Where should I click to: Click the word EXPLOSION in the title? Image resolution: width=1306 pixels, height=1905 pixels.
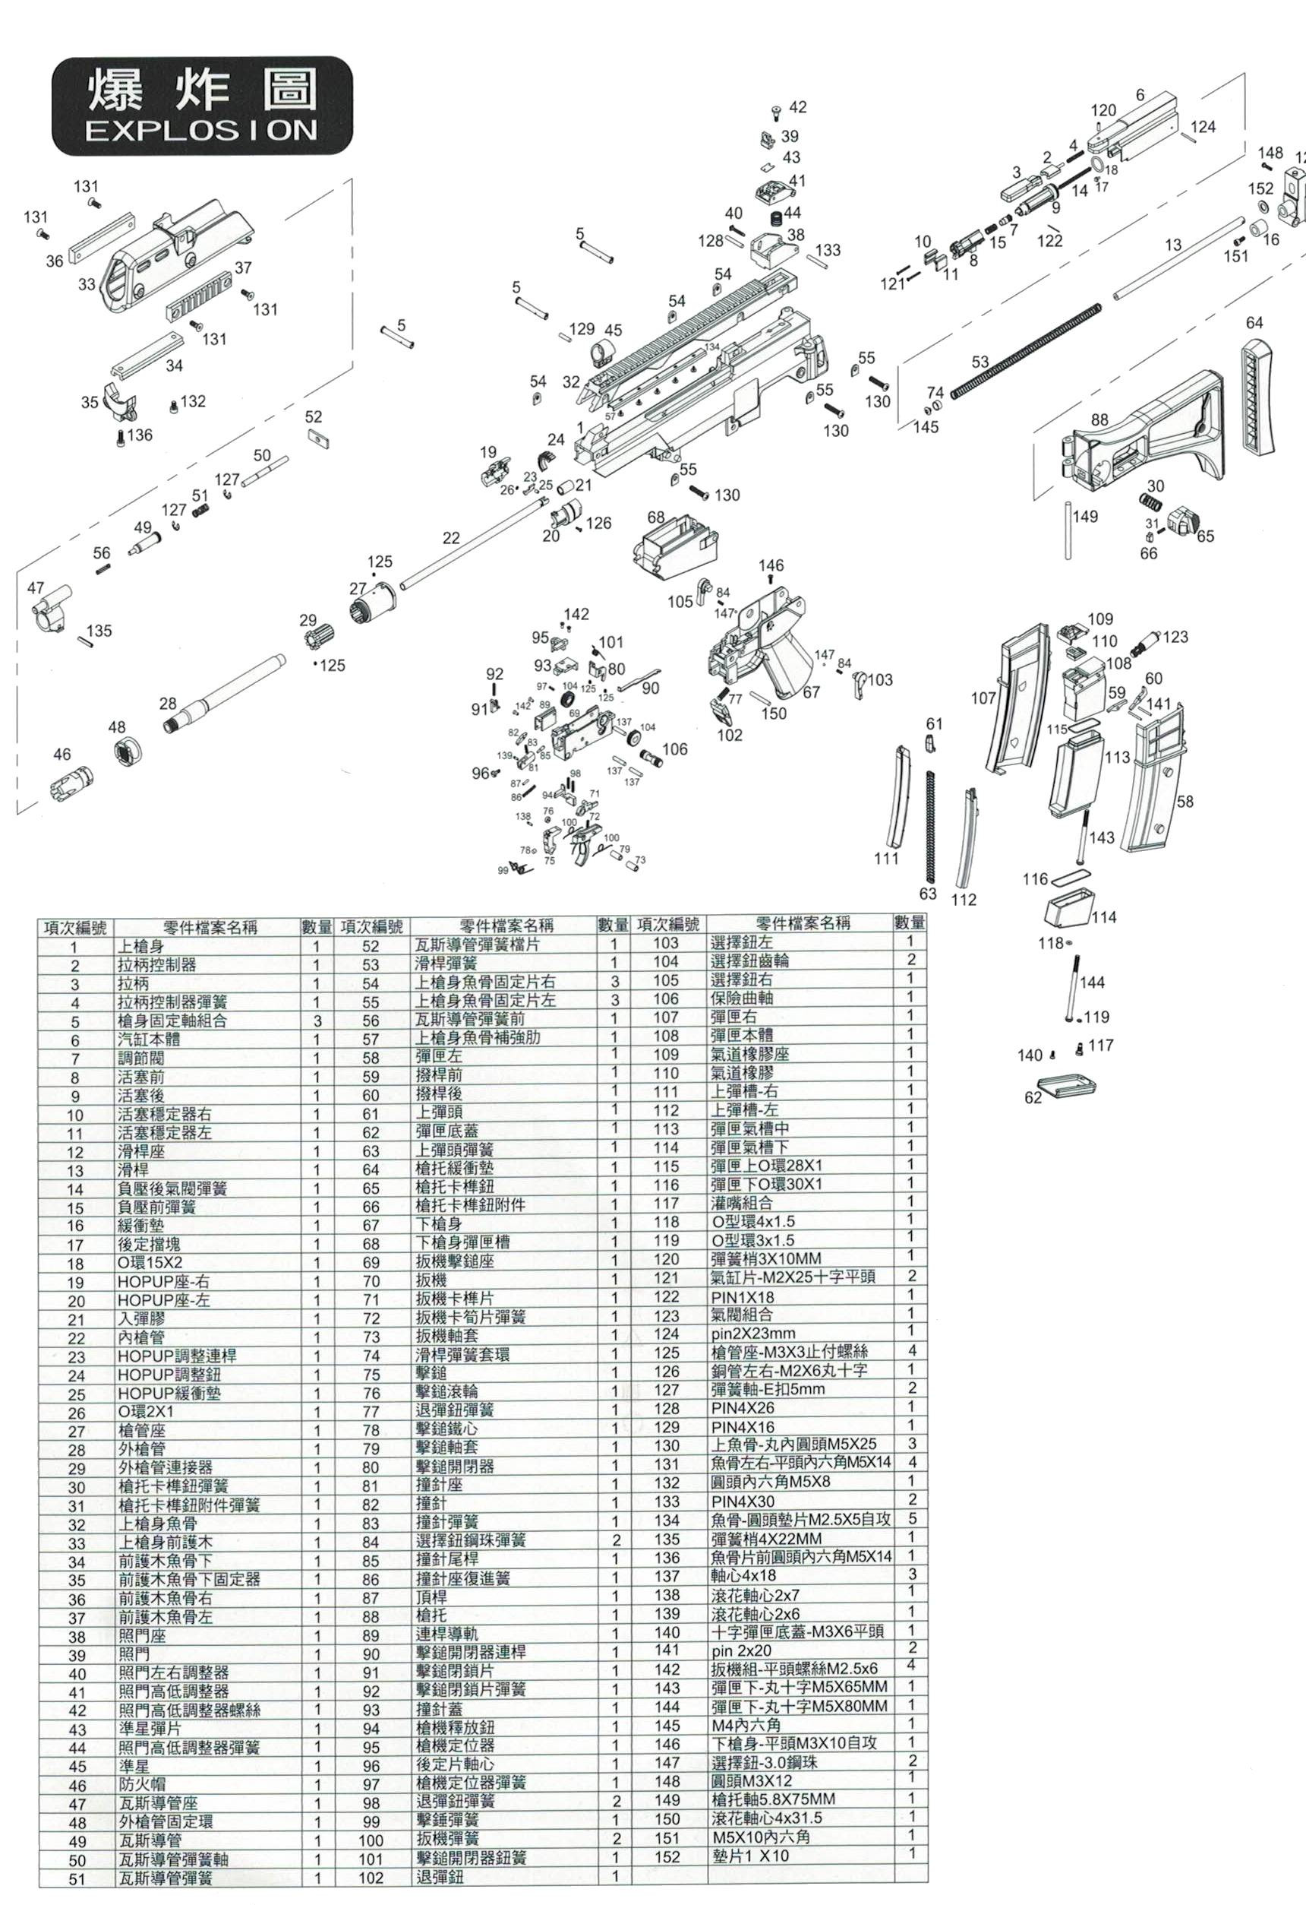[201, 131]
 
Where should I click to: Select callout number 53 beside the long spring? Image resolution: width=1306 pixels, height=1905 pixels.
[980, 362]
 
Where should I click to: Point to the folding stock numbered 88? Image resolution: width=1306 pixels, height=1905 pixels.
[1147, 459]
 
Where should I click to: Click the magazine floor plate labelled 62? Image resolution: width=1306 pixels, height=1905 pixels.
[1067, 1087]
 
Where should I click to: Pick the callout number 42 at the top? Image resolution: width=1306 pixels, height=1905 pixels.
[797, 107]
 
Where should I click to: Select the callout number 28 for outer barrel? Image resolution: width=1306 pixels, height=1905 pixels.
[168, 704]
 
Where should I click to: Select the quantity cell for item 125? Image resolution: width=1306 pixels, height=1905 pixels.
[911, 1352]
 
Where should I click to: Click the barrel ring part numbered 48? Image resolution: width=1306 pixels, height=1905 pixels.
[128, 751]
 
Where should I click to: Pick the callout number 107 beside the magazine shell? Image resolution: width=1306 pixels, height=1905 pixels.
[983, 698]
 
